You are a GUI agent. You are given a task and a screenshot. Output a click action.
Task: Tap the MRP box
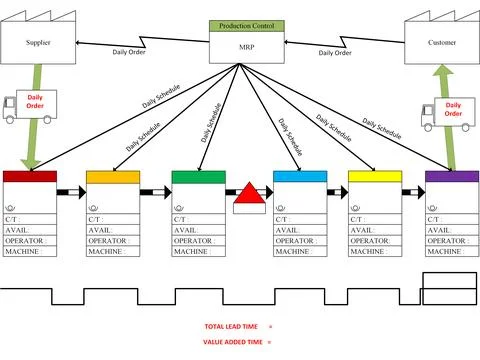tap(244, 46)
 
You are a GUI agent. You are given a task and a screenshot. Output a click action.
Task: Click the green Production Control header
tap(244, 25)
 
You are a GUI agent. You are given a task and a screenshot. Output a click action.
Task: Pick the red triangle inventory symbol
tap(249, 193)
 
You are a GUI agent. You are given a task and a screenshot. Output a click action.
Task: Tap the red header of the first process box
tap(30, 177)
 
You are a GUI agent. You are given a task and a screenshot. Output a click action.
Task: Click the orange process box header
tap(113, 177)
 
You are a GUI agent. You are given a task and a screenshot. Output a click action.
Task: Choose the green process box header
tap(199, 177)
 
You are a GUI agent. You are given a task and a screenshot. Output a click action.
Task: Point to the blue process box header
tap(300, 177)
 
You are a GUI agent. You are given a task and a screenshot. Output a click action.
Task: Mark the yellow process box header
tap(375, 177)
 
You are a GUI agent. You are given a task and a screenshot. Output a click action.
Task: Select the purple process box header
tap(452, 177)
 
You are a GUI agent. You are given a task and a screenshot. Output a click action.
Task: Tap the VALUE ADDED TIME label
tap(233, 342)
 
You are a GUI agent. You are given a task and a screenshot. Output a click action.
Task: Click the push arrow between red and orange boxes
tap(71, 192)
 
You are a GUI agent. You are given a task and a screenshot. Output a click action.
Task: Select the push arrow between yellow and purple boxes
tap(413, 192)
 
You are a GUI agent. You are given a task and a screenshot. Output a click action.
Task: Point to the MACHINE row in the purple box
tap(452, 250)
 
